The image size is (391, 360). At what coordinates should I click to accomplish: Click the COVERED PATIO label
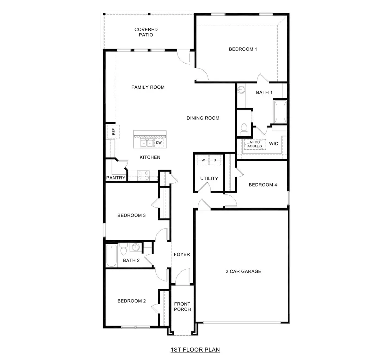(146, 32)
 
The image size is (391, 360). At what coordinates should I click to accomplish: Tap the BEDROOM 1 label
(243, 49)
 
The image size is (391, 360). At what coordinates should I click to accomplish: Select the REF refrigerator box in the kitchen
(113, 131)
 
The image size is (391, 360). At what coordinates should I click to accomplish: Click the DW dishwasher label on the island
(159, 143)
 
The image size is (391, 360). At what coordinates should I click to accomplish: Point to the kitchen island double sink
(147, 143)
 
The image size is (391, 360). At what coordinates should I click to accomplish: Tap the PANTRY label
(116, 178)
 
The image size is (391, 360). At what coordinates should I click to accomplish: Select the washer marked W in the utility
(203, 160)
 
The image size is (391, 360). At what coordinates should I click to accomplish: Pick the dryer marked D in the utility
(215, 160)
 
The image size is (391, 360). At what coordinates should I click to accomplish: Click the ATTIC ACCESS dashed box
(254, 144)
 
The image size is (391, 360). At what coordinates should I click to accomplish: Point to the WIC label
(274, 143)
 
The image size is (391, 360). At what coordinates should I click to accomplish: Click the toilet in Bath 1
(244, 129)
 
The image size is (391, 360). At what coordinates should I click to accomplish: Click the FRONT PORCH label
(182, 307)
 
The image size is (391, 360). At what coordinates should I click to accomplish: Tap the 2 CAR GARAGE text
(243, 271)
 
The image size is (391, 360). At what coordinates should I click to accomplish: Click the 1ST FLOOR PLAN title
(195, 350)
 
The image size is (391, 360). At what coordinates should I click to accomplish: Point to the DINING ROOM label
(203, 118)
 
